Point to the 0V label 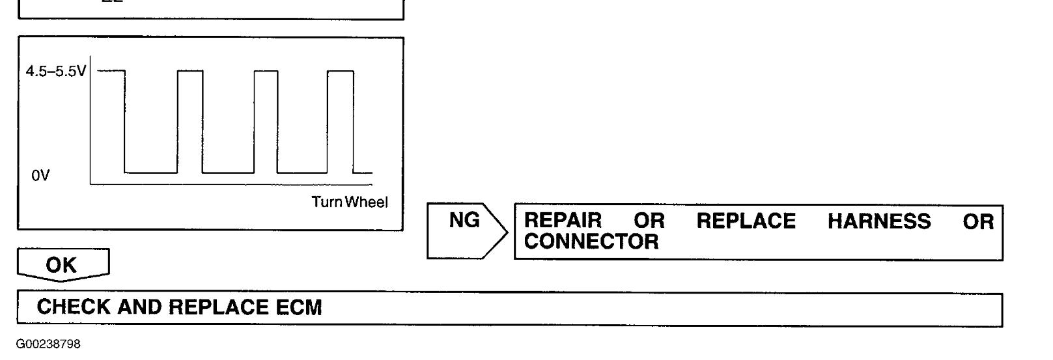click(x=40, y=176)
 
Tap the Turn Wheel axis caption click(x=350, y=202)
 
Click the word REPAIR click(x=563, y=221)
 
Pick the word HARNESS click(x=879, y=221)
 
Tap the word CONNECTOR click(x=591, y=242)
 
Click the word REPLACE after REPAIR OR click(x=746, y=221)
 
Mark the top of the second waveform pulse click(x=190, y=70)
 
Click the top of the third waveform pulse click(x=266, y=70)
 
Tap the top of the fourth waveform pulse click(x=340, y=70)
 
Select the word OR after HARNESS click(x=979, y=221)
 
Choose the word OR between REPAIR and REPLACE click(x=649, y=221)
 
